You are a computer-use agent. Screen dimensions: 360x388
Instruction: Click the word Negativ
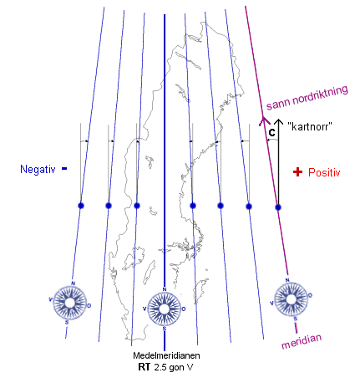[38, 169]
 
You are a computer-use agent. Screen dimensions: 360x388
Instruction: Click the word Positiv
[324, 172]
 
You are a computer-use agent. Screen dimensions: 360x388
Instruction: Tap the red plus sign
[297, 172]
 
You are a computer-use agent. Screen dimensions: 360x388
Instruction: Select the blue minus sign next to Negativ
[64, 168]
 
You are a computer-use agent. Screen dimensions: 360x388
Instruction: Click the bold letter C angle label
[271, 133]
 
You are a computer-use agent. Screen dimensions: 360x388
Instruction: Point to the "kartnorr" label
[310, 127]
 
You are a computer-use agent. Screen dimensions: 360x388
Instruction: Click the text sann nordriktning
[307, 98]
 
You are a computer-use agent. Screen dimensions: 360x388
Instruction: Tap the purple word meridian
[302, 341]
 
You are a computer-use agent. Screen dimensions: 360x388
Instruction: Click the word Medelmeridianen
[166, 355]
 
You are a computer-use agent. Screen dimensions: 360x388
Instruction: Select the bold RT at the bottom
[144, 367]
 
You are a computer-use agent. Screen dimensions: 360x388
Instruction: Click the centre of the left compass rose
[69, 303]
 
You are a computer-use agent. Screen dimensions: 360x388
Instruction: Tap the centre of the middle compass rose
[165, 309]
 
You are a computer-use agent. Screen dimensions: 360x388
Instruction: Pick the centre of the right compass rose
[291, 299]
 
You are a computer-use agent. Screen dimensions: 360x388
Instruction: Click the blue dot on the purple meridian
[278, 207]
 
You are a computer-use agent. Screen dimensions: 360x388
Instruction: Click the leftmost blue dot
[81, 206]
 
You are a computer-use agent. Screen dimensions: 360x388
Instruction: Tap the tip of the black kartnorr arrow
[278, 119]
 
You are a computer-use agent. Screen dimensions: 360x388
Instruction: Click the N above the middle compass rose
[165, 289]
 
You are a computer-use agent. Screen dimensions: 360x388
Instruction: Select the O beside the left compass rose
[89, 306]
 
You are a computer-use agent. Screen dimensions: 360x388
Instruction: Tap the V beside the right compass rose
[271, 303]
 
